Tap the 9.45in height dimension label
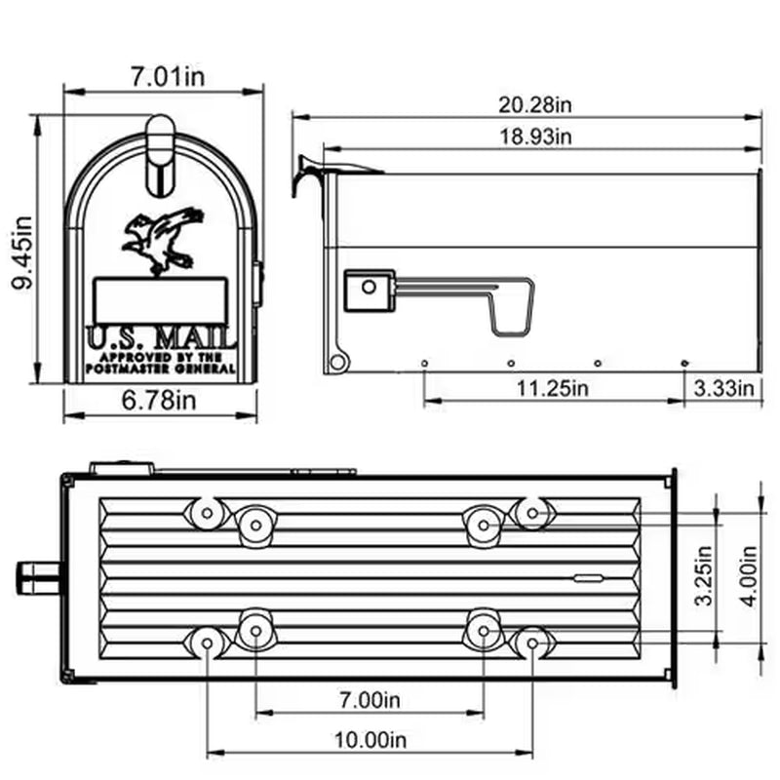21,253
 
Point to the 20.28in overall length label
535,103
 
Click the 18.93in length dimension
535,136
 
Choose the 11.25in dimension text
552,388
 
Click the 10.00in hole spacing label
369,739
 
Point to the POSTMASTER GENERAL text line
161,370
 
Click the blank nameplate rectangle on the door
160,299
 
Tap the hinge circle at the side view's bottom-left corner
337,363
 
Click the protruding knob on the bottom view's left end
35,575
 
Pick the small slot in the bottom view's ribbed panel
589,579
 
